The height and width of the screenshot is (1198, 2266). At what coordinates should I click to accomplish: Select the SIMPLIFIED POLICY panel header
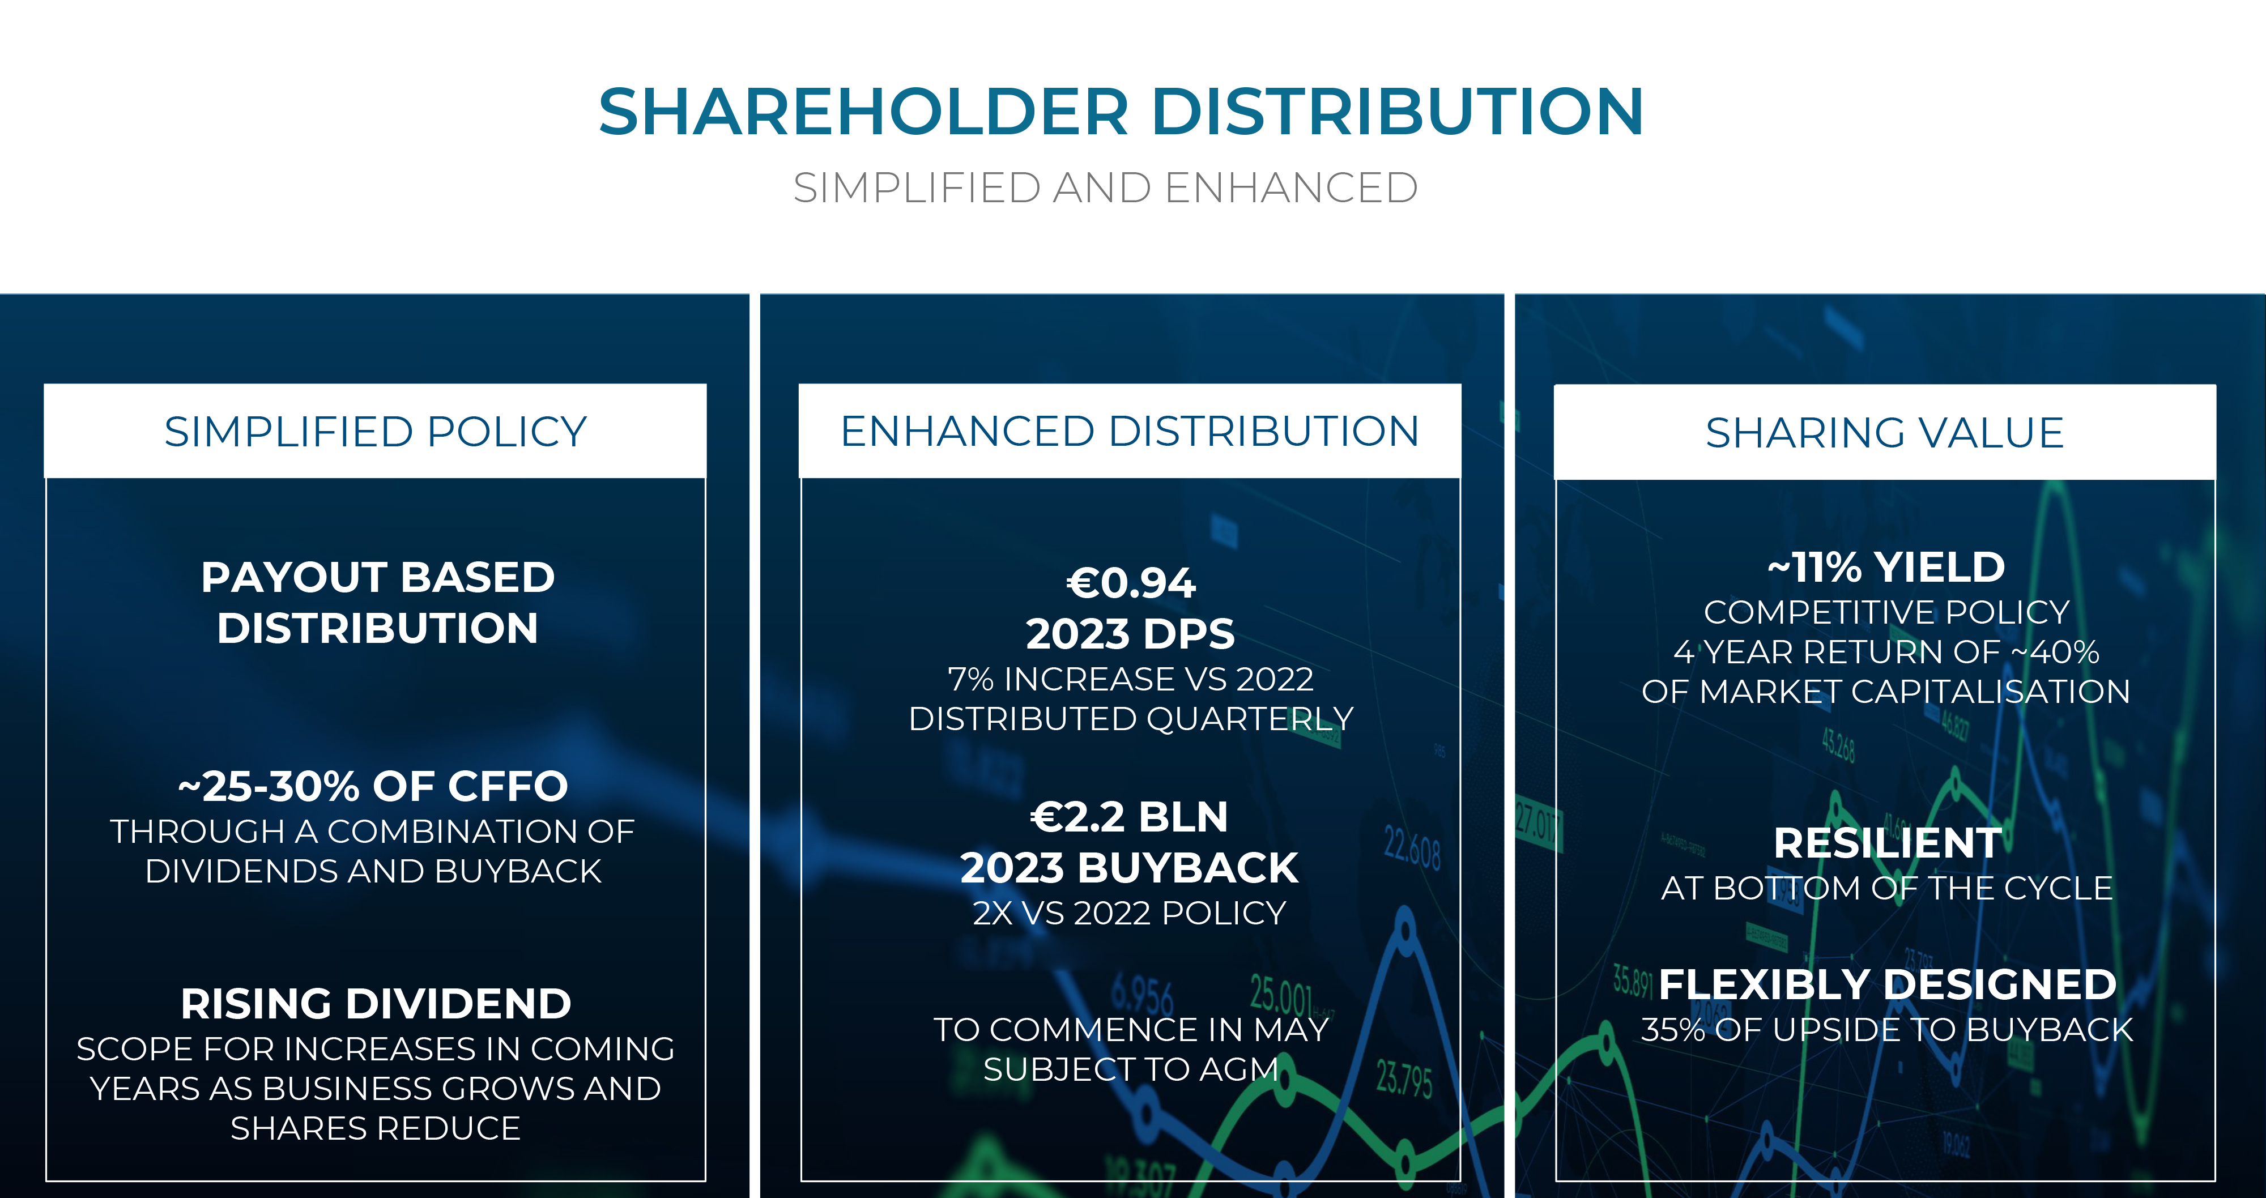[376, 432]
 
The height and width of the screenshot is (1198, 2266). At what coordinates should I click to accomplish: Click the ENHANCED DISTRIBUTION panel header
[1130, 431]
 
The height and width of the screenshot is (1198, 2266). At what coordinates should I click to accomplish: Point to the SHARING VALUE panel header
[1885, 433]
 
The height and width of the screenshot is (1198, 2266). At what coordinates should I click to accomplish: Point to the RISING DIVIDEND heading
[376, 1004]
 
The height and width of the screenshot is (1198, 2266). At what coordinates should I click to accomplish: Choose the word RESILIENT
[1888, 843]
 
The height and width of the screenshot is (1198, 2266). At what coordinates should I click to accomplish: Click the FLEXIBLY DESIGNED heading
[1888, 984]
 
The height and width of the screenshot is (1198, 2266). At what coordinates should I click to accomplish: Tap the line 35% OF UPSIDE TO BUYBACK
[1888, 1030]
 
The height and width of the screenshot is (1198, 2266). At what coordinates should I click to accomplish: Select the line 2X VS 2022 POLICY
[1130, 913]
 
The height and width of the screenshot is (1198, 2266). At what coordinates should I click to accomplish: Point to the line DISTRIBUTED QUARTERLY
[1131, 719]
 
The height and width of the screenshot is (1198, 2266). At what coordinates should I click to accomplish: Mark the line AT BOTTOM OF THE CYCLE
[1887, 888]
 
